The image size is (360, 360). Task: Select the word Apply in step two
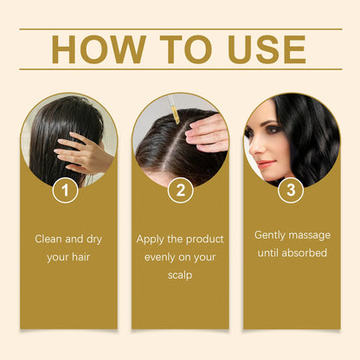click(x=152, y=238)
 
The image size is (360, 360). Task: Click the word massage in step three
click(x=312, y=235)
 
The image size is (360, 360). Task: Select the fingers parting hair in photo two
click(x=207, y=130)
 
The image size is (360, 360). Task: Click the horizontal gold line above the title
click(x=180, y=29)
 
